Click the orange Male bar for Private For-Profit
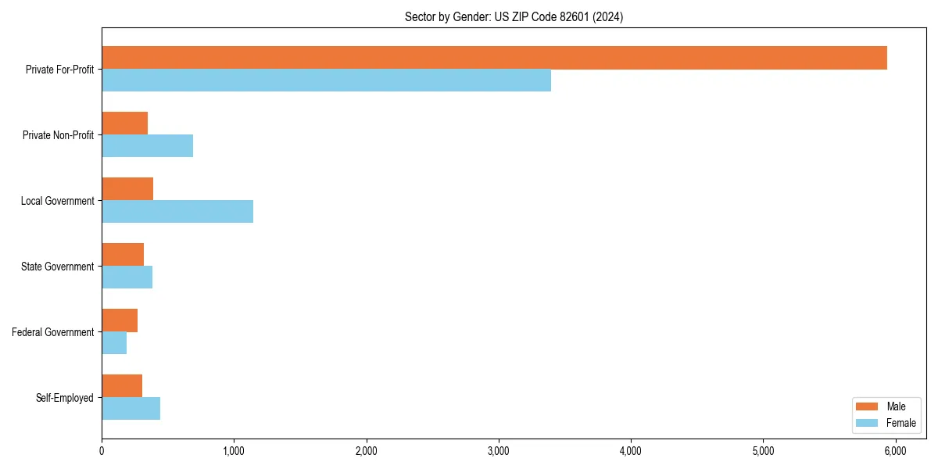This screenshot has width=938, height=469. coord(494,58)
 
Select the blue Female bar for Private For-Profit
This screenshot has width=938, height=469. coord(326,80)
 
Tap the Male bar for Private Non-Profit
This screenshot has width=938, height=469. coord(124,124)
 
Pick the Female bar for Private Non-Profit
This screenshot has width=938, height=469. coord(147,145)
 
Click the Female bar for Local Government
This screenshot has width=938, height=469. coord(177,211)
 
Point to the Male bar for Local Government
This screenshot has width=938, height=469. coord(127,189)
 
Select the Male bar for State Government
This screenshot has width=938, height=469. coord(123,255)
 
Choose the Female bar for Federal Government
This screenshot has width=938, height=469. coord(114,342)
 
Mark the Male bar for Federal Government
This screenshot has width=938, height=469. coord(120,320)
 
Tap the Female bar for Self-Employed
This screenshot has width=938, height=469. coord(131,408)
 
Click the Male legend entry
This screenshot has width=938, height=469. coord(885,406)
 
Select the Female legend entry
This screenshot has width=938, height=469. coord(885,423)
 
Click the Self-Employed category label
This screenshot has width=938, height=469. coord(65,398)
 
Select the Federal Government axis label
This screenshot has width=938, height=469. coord(53,332)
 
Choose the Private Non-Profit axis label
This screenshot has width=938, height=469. coord(59,135)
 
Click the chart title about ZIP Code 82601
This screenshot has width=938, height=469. coord(514,16)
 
